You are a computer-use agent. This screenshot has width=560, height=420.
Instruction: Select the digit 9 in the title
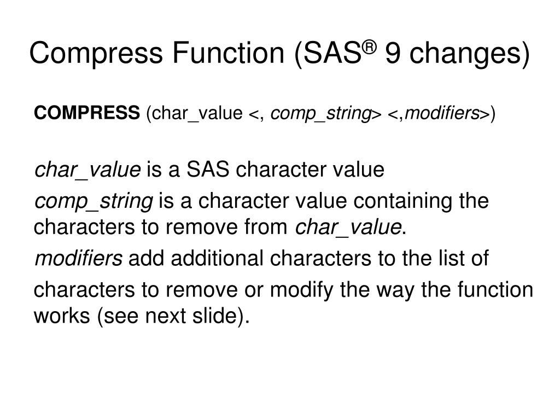pos(392,55)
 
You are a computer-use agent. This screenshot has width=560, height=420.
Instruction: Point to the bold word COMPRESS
pos(87,113)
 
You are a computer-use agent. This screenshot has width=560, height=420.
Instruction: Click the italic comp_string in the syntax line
pos(321,114)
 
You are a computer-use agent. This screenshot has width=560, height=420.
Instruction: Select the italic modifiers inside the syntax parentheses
pos(442,113)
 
